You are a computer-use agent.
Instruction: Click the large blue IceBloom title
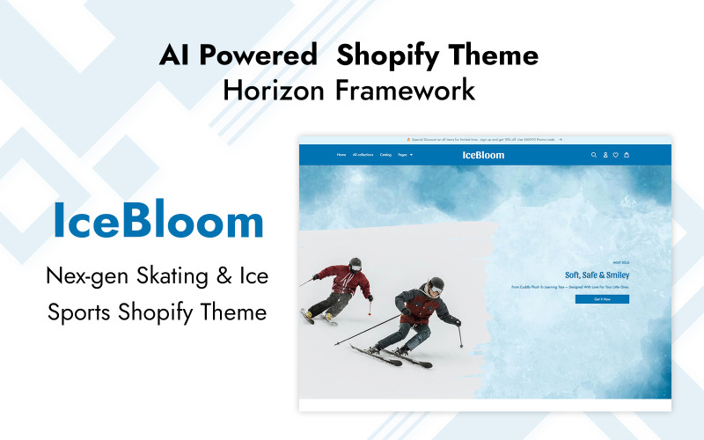point(158,221)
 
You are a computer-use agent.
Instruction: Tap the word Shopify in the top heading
point(388,55)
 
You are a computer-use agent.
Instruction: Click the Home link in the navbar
point(341,155)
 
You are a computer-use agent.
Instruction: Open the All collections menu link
point(363,155)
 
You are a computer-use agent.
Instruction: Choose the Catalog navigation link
point(385,155)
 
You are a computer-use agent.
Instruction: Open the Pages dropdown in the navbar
point(405,155)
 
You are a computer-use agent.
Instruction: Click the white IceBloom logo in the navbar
point(483,155)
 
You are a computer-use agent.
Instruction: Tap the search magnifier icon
point(594,155)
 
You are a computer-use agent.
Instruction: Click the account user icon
point(605,155)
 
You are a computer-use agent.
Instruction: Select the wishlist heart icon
point(616,155)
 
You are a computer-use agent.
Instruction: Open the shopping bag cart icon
point(627,155)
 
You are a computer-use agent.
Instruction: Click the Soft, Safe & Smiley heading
point(597,275)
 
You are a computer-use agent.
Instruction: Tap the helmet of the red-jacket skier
point(356,263)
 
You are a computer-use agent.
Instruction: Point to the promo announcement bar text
point(483,139)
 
